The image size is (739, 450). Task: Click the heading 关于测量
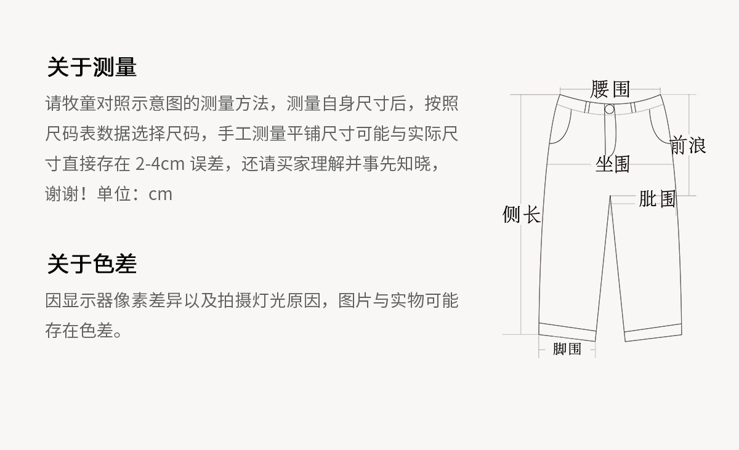92,67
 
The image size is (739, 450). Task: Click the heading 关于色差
92,264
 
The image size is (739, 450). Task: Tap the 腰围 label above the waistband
610,89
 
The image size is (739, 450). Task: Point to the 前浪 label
688,145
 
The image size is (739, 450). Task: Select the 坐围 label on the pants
613,164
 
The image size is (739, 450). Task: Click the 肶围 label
657,199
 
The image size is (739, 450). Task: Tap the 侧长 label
522,215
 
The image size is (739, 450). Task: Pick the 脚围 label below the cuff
567,349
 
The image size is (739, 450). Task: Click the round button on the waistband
609,110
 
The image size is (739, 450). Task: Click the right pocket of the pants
660,126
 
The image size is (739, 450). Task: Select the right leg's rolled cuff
653,332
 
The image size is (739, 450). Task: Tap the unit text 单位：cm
134,194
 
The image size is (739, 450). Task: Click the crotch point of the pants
611,196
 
